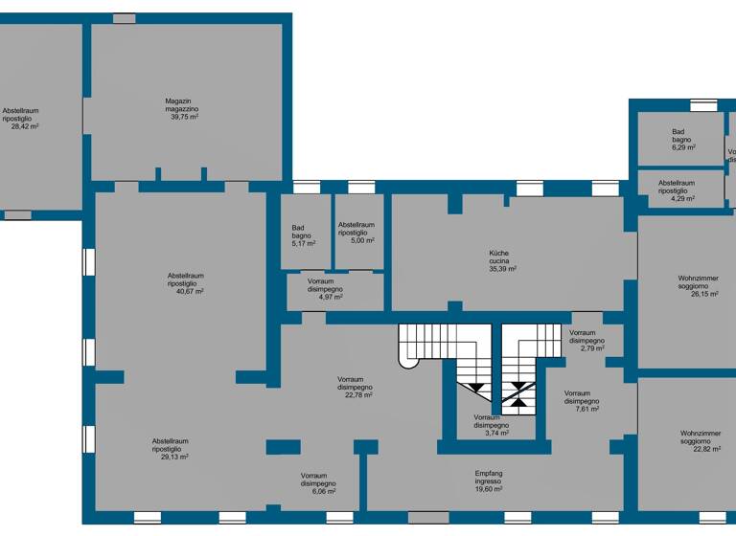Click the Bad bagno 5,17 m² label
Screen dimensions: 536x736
click(303, 235)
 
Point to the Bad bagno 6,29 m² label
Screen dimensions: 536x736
click(682, 140)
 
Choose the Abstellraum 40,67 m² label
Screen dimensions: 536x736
click(185, 283)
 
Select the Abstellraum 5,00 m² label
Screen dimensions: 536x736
click(356, 233)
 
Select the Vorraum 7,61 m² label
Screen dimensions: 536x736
click(582, 401)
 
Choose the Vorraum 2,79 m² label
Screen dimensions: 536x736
click(586, 340)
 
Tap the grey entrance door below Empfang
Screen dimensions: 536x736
click(428, 518)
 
